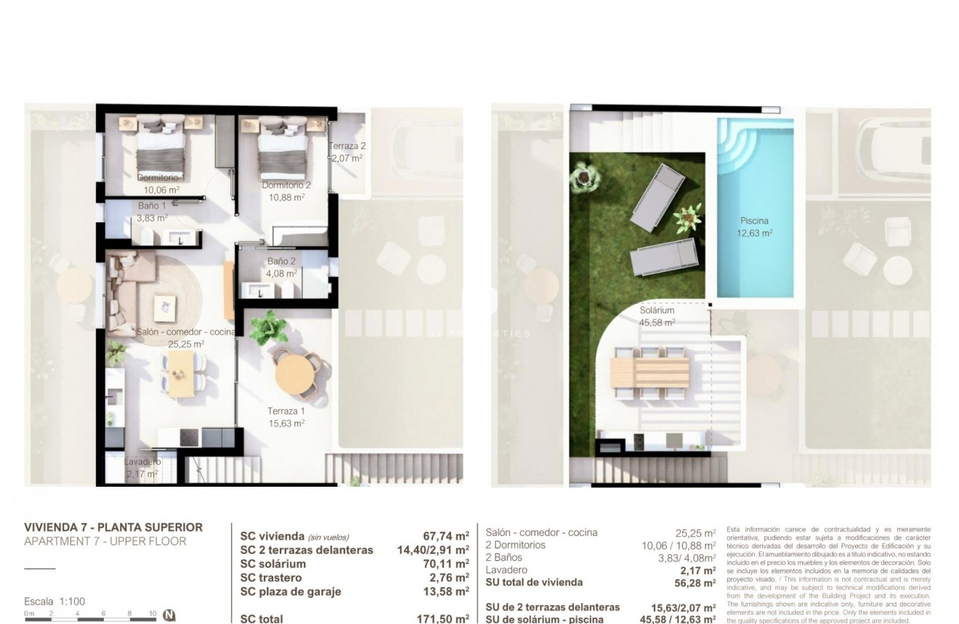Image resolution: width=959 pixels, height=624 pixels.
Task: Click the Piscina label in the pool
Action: click(755, 221)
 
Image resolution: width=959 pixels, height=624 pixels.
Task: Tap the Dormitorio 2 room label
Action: click(286, 185)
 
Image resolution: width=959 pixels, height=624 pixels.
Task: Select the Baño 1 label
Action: click(153, 206)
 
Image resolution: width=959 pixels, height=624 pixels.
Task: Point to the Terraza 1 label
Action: click(286, 411)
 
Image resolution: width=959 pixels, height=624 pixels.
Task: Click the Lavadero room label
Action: click(142, 462)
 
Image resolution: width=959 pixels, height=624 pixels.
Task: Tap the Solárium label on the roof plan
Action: click(657, 311)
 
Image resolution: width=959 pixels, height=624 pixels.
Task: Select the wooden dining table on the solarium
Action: click(650, 372)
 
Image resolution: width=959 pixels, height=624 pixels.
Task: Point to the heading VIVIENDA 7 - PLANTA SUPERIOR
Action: click(113, 527)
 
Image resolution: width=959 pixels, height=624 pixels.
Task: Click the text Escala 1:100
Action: click(55, 601)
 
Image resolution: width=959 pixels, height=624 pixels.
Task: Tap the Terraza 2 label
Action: click(347, 146)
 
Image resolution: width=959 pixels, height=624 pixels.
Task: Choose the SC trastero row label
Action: click(273, 578)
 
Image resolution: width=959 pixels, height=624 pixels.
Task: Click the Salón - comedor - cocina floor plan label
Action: click(186, 332)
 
